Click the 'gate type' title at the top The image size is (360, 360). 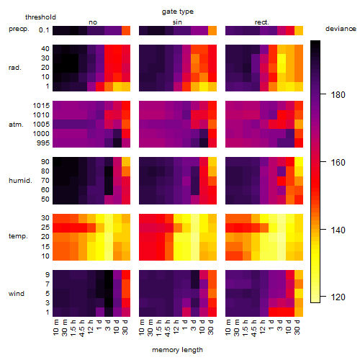pyautogui.click(x=178, y=12)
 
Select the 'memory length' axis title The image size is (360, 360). pyautogui.click(x=177, y=350)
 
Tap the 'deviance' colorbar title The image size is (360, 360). pyautogui.click(x=341, y=29)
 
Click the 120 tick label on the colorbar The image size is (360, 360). pyautogui.click(x=338, y=297)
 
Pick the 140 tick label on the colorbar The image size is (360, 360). pyautogui.click(x=338, y=230)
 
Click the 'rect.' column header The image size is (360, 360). pyautogui.click(x=261, y=22)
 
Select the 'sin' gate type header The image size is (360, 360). pyautogui.click(x=177, y=22)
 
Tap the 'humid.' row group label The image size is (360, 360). pyautogui.click(x=20, y=180)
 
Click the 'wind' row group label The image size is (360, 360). pyautogui.click(x=17, y=293)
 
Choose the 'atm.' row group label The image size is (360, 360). pyautogui.click(x=16, y=125)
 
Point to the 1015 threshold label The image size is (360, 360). pyautogui.click(x=41, y=106)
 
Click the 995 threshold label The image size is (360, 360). pyautogui.click(x=43, y=143)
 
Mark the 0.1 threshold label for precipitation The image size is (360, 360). pyautogui.click(x=44, y=30)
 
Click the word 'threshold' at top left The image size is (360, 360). pyautogui.click(x=40, y=17)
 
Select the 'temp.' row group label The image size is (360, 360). pyautogui.click(x=18, y=236)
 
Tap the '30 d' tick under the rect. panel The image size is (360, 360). pyautogui.click(x=297, y=328)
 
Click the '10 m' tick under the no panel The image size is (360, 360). pyautogui.click(x=55, y=328)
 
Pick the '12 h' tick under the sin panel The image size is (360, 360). pyautogui.click(x=176, y=328)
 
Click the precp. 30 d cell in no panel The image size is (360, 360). pyautogui.click(x=126, y=30)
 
